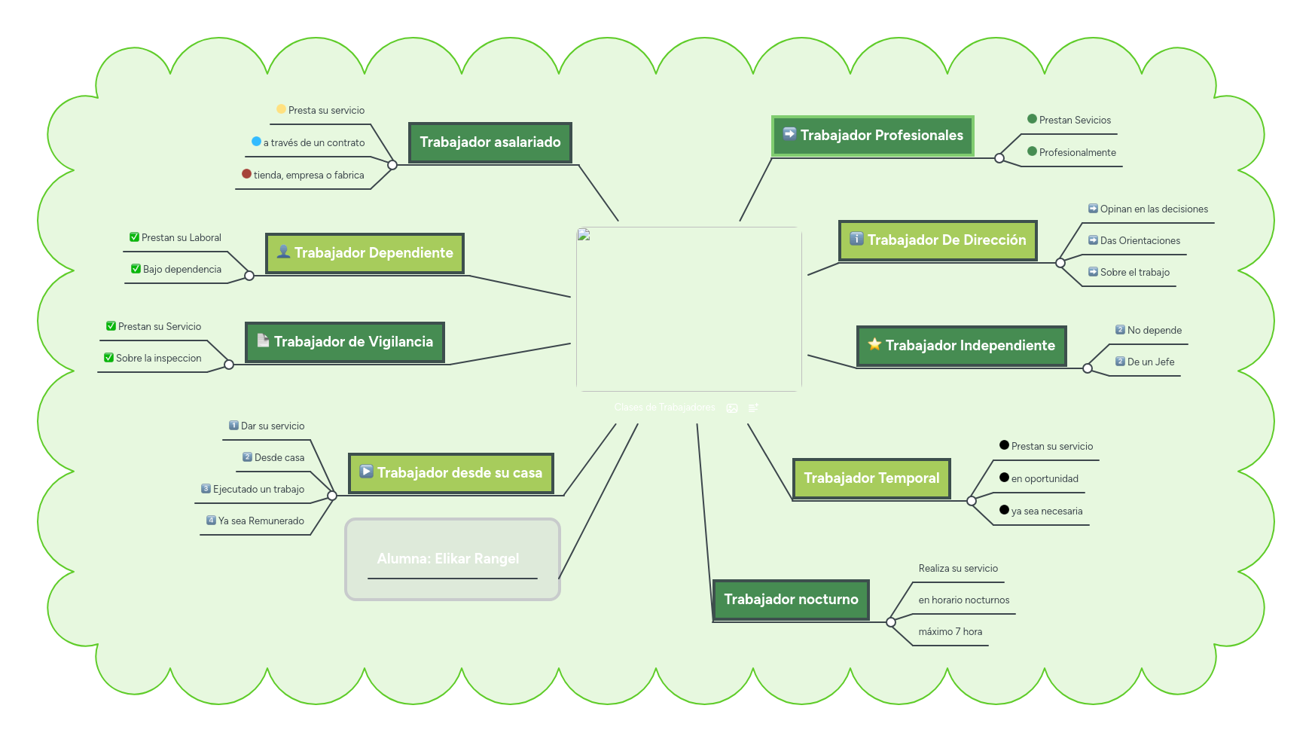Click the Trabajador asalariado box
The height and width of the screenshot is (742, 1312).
490,142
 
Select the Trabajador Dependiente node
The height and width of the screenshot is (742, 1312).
365,253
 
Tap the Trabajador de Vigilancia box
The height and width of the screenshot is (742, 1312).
345,342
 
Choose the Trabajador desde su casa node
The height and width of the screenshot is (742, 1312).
451,473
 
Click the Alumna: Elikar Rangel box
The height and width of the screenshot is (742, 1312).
452,559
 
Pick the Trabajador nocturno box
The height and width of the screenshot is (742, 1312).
791,600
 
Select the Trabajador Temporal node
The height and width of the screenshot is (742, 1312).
871,478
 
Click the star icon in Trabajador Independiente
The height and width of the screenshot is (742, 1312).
874,345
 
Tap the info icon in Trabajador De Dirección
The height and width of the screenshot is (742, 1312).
856,239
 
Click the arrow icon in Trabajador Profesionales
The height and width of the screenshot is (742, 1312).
789,134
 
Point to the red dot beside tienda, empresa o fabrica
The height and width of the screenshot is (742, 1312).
246,174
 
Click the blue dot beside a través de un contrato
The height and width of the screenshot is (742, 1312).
256,142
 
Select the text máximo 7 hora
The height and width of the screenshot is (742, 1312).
950,632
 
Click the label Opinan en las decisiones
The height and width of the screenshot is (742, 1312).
1154,209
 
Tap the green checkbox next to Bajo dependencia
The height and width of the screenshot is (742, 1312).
136,269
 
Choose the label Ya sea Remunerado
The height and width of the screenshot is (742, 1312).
261,521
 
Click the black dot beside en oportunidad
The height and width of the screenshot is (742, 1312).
1004,478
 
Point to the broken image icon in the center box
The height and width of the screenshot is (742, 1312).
584,235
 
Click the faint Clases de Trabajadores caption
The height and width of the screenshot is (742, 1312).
664,408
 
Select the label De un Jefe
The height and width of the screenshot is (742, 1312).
1150,362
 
